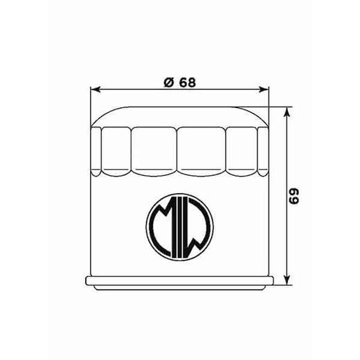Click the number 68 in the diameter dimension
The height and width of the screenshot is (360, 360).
click(x=186, y=82)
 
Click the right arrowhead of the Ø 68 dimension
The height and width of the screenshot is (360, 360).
click(x=263, y=89)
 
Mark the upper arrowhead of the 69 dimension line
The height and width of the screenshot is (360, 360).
click(x=287, y=111)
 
